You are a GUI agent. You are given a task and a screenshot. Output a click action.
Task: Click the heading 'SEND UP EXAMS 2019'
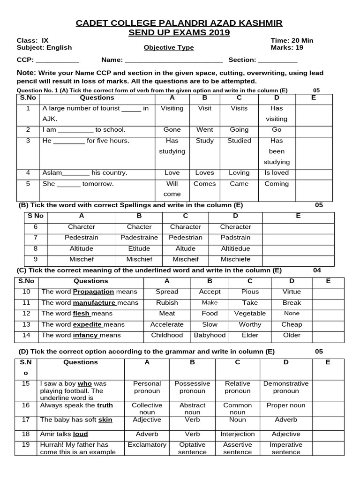180,32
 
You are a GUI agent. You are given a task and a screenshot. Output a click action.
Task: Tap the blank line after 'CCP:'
58,60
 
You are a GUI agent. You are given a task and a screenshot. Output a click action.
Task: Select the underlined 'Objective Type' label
168,48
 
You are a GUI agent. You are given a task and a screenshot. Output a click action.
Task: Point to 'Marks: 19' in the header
287,48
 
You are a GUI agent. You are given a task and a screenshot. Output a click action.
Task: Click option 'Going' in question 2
239,130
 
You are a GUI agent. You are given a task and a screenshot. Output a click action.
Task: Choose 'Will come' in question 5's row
172,189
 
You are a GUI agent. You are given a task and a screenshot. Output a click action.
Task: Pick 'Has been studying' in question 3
277,151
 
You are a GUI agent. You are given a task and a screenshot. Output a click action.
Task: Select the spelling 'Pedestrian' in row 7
186,238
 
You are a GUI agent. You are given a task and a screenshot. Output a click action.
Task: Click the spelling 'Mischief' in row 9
139,259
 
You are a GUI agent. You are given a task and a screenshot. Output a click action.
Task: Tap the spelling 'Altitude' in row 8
82,248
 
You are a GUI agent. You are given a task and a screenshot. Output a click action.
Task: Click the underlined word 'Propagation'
93,292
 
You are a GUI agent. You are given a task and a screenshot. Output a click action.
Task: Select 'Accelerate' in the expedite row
167,324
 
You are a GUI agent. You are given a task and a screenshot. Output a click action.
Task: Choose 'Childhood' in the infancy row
167,335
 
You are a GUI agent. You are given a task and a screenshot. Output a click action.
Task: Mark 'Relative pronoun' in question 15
238,387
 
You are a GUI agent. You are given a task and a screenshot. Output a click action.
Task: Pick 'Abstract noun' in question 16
192,409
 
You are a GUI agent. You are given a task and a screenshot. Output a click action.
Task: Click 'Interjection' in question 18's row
238,434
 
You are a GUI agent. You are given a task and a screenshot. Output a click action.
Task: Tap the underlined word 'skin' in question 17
105,420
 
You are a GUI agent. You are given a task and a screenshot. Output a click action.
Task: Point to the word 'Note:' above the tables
26,73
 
